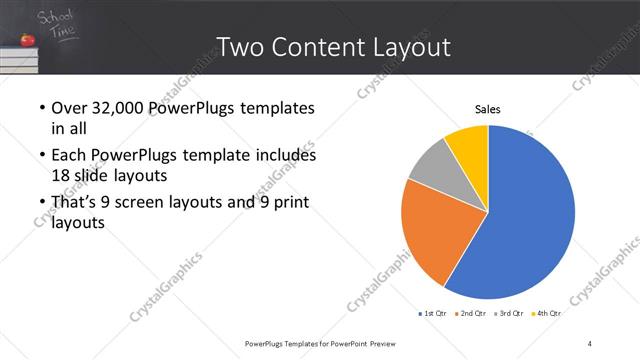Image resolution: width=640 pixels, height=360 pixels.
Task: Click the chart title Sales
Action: click(487, 109)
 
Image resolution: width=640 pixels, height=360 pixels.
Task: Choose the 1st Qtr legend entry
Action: click(432, 313)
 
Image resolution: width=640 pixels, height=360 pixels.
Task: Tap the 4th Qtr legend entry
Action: click(547, 313)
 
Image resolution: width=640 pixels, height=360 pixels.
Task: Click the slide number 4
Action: click(590, 344)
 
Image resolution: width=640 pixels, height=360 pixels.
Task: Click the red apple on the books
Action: click(27, 41)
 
